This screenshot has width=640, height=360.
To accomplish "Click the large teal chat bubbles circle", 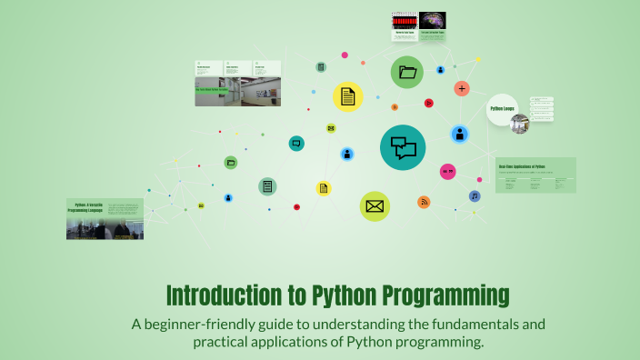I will [x=403, y=147].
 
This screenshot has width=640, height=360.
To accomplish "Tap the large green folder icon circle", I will [x=407, y=72].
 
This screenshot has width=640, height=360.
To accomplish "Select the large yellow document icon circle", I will [x=347, y=96].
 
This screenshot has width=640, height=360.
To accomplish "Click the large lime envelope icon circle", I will [x=375, y=206].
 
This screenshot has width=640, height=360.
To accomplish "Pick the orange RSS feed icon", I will [x=424, y=202].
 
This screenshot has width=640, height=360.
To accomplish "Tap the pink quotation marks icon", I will [x=447, y=171].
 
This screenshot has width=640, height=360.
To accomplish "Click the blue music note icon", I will [x=475, y=196].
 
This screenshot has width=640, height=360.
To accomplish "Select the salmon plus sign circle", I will [x=462, y=88].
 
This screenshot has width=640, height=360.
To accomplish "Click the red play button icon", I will [x=429, y=104].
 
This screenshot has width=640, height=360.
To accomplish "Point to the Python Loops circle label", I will [x=503, y=108].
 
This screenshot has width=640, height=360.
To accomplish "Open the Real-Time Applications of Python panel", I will [x=535, y=175].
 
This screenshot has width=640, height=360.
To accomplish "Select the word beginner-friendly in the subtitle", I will [x=205, y=324].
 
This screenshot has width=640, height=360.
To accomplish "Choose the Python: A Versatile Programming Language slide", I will [x=105, y=218].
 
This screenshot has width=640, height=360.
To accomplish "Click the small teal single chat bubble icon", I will [x=296, y=144].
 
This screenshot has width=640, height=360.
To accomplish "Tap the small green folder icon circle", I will [x=231, y=163].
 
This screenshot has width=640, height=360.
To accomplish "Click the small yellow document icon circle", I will [x=323, y=188].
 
